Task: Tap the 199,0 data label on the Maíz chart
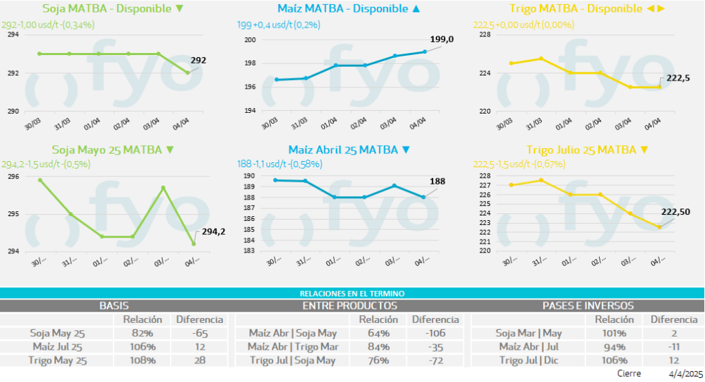click(x=441, y=40)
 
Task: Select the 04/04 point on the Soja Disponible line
click(x=188, y=73)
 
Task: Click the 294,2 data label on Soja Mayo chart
click(x=213, y=232)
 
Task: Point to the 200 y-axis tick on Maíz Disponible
click(x=250, y=40)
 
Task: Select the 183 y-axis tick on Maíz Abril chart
click(x=249, y=251)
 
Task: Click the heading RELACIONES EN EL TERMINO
click(x=352, y=293)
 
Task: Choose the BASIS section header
click(x=114, y=306)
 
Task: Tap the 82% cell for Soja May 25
click(x=142, y=333)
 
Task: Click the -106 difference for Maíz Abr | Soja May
click(x=435, y=333)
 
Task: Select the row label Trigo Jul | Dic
click(x=527, y=360)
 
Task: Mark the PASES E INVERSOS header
click(x=588, y=306)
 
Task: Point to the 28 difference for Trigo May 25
click(x=199, y=360)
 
